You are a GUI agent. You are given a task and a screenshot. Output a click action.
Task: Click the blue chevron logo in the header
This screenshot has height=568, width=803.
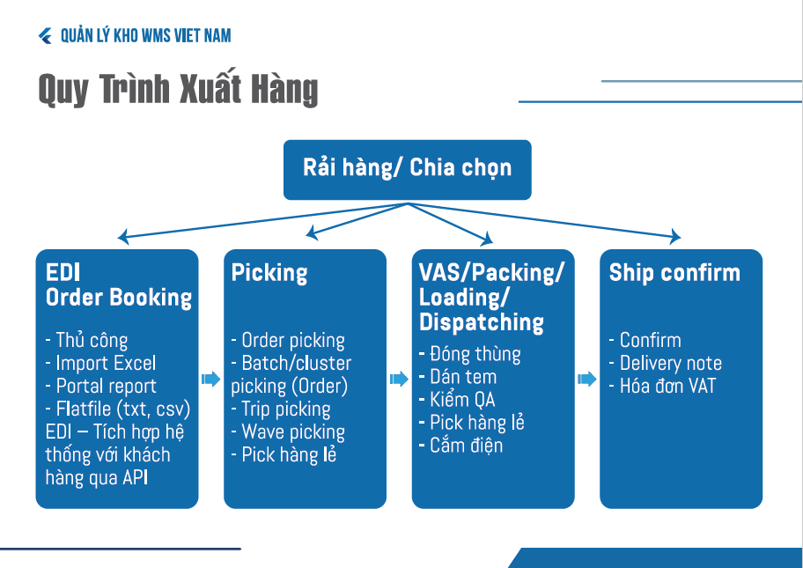tap(46, 36)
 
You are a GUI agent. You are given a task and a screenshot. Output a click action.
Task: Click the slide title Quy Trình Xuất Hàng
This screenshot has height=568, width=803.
tap(178, 90)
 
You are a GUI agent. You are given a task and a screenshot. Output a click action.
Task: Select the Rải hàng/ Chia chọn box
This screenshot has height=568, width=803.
tap(407, 168)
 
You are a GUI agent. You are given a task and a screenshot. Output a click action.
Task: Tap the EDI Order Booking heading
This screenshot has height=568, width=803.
tap(118, 285)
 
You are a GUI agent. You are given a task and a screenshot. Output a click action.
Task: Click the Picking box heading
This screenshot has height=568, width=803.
tap(269, 273)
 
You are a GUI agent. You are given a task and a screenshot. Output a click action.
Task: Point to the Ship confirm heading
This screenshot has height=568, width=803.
tap(674, 273)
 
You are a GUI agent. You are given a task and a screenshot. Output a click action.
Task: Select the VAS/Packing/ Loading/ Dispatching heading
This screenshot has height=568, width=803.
tap(491, 298)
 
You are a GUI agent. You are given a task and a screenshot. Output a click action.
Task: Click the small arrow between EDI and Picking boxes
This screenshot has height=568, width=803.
tap(210, 379)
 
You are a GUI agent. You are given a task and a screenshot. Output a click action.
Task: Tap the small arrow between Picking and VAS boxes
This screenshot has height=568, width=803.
tap(399, 379)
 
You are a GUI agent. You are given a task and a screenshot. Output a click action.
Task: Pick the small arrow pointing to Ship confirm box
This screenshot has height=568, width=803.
tap(587, 379)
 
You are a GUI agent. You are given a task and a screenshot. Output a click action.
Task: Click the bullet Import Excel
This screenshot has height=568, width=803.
tap(100, 363)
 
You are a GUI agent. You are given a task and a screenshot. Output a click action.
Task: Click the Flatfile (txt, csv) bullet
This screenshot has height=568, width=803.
tap(117, 409)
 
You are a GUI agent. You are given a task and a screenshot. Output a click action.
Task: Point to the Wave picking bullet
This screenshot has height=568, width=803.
tap(288, 432)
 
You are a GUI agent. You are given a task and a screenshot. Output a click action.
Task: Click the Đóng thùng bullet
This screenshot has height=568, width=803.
tap(470, 354)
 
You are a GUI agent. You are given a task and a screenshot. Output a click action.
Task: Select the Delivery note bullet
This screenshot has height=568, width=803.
tap(665, 363)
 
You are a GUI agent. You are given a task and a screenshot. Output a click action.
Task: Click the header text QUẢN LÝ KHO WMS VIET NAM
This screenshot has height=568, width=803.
tap(146, 36)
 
